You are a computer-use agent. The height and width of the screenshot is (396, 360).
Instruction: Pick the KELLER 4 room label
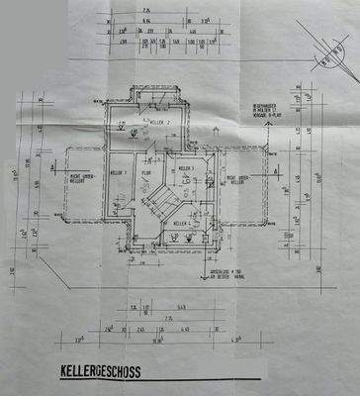pyautogui.click(x=181, y=225)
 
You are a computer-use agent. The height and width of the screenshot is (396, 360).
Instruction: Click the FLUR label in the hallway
pyautogui.click(x=145, y=171)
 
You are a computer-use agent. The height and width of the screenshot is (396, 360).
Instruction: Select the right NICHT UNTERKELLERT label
pyautogui.click(x=243, y=179)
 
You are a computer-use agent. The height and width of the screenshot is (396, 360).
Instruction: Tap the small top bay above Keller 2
pyautogui.click(x=158, y=94)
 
